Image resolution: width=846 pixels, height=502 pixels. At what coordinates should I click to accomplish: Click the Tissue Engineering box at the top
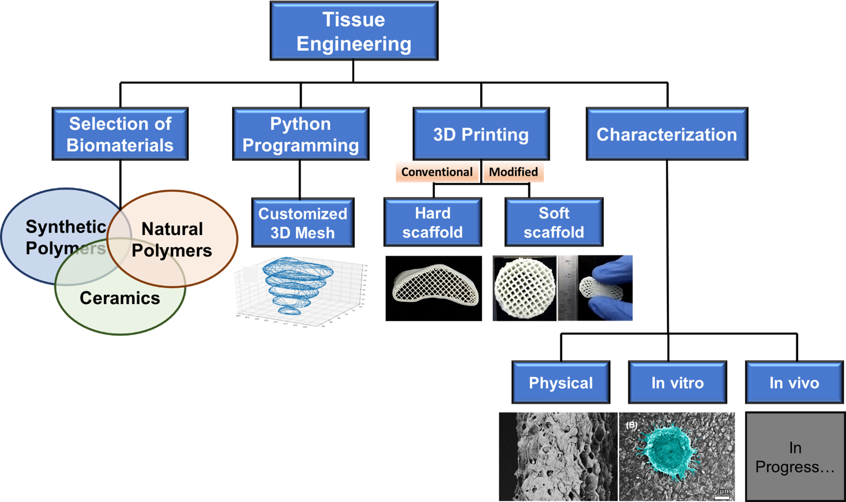[x=354, y=31]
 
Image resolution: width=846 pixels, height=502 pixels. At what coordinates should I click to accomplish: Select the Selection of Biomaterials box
[x=120, y=134]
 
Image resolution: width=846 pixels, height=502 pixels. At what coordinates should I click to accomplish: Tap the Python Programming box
[x=301, y=134]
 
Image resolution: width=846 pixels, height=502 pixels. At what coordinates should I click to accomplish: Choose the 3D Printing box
[x=481, y=134]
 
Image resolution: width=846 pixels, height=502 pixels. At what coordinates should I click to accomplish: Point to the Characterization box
[x=666, y=134]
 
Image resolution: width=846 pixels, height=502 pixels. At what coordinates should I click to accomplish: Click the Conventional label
[x=437, y=172]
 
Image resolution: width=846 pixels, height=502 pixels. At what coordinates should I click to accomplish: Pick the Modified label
[x=513, y=172]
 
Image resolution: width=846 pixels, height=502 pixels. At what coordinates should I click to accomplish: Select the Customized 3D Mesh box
[x=303, y=223]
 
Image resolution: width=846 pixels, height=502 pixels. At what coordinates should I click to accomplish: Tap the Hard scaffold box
[x=432, y=222]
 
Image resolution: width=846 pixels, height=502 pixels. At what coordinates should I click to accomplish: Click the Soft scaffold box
[x=553, y=222]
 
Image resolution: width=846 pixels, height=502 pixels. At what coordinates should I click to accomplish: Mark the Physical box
[x=561, y=382]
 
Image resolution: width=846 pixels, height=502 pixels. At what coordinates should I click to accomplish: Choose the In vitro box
[x=677, y=382]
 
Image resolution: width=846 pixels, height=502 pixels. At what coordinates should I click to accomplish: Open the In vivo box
[x=794, y=382]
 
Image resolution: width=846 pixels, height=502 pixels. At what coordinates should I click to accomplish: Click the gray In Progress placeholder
[x=794, y=457]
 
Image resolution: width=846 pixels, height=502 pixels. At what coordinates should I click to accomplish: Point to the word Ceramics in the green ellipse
[x=119, y=298]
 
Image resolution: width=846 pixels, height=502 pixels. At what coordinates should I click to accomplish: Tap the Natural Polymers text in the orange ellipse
[x=172, y=240]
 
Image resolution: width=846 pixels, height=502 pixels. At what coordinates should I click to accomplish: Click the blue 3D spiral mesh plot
[x=297, y=284]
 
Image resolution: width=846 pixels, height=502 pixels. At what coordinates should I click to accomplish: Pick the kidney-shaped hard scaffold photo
[x=433, y=288]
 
